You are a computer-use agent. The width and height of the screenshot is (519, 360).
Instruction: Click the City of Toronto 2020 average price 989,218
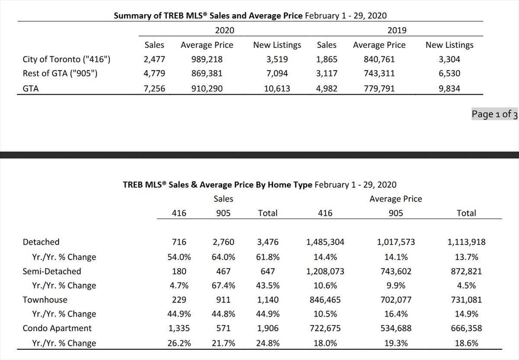tap(207, 59)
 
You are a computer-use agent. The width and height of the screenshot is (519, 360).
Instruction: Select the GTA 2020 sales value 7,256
tap(154, 89)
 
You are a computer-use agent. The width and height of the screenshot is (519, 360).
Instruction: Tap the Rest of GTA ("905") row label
tap(60, 73)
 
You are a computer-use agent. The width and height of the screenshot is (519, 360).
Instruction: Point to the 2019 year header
tap(397, 30)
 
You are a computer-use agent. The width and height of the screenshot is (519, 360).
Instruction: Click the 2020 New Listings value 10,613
tap(277, 89)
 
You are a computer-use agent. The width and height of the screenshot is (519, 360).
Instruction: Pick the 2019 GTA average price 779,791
tap(379, 89)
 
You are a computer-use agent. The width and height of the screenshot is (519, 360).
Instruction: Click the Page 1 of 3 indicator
tap(494, 114)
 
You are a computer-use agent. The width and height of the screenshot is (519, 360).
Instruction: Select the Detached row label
tap(41, 242)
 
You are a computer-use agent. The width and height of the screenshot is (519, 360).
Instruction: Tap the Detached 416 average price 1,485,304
tap(325, 242)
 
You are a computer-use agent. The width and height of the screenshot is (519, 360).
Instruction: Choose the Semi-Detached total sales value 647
tap(268, 271)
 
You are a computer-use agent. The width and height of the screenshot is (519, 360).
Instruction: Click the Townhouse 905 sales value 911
tap(223, 299)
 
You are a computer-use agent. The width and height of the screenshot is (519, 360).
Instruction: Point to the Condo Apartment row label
tap(57, 328)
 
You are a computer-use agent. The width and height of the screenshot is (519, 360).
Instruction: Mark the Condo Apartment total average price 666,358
tap(466, 328)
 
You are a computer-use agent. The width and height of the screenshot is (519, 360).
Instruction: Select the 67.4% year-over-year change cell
tap(223, 286)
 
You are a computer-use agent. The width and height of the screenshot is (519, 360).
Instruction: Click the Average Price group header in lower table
tap(396, 199)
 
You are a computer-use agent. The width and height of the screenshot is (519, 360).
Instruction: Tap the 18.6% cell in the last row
tap(466, 343)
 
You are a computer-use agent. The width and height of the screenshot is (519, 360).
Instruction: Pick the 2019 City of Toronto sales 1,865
tap(327, 59)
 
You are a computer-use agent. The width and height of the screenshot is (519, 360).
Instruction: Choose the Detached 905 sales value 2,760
tap(223, 242)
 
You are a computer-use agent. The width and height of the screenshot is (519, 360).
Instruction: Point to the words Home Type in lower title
tap(290, 185)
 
